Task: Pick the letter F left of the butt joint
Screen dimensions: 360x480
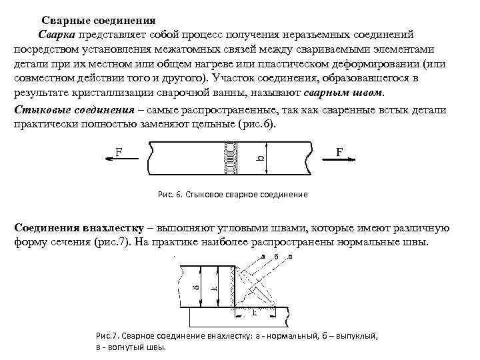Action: (x=118, y=151)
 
